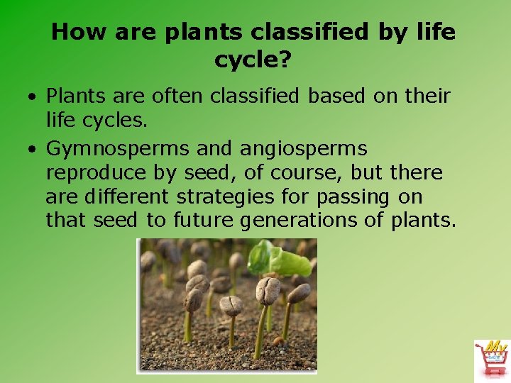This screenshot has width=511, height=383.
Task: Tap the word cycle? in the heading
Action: (253, 61)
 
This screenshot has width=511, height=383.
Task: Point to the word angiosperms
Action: (304, 149)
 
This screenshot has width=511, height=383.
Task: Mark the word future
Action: (202, 221)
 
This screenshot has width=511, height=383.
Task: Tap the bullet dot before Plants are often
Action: (33, 96)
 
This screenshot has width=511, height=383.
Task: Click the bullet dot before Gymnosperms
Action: (33, 150)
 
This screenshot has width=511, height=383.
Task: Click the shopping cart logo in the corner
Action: (491, 359)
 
